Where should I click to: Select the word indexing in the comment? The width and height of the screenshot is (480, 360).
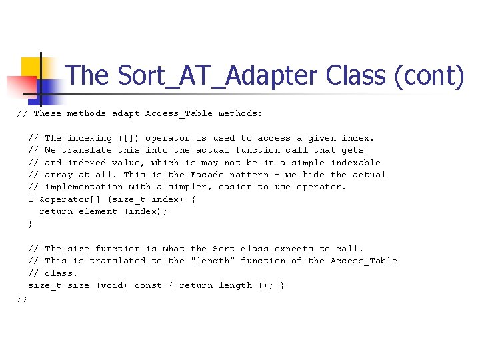(x=89, y=138)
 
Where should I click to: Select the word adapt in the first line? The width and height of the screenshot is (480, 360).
(x=125, y=113)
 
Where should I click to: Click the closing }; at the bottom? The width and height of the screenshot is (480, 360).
(x=22, y=298)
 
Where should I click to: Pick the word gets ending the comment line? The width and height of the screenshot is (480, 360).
(x=352, y=150)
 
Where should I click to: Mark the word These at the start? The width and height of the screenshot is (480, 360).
(x=47, y=113)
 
